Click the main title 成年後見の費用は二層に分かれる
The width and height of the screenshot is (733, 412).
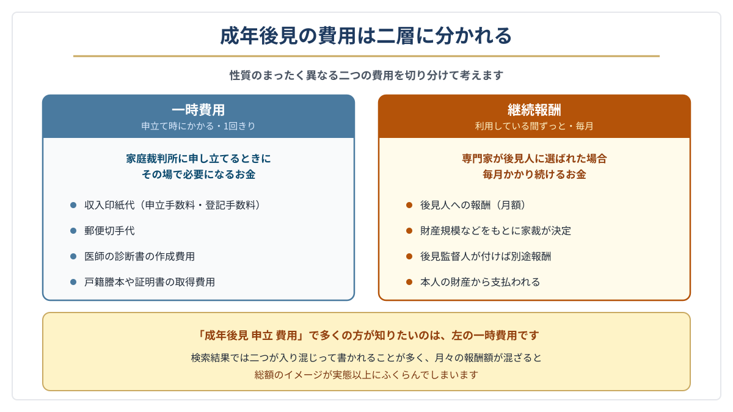[x=366, y=35]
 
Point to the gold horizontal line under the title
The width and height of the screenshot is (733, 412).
[x=366, y=56]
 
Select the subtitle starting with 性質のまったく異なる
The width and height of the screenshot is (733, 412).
[x=366, y=76]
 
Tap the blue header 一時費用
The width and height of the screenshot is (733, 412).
[x=199, y=110]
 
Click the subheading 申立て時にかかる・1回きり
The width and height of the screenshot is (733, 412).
[x=199, y=126]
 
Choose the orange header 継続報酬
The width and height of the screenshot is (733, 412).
[x=534, y=110]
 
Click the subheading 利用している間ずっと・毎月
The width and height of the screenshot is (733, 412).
[x=534, y=126]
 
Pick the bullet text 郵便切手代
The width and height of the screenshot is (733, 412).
[x=109, y=231]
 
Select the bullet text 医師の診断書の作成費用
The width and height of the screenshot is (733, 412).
[x=140, y=256]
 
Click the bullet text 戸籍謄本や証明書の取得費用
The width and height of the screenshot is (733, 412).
[x=150, y=282]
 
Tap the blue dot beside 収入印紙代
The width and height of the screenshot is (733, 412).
[x=73, y=205]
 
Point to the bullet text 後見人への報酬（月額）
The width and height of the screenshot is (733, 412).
[x=473, y=205]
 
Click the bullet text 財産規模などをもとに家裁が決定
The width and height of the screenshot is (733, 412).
[x=496, y=231]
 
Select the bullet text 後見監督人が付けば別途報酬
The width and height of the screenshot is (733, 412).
[x=486, y=256]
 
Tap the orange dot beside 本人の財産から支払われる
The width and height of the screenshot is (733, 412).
[x=409, y=282]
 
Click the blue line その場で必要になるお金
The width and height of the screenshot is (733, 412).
[x=199, y=175]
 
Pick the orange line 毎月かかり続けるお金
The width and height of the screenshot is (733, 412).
[x=534, y=175]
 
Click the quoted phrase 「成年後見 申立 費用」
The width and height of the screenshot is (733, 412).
[x=251, y=336]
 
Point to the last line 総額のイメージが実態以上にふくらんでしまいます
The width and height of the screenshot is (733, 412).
[x=366, y=375]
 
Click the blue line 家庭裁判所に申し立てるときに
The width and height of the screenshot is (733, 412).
[x=199, y=159]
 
